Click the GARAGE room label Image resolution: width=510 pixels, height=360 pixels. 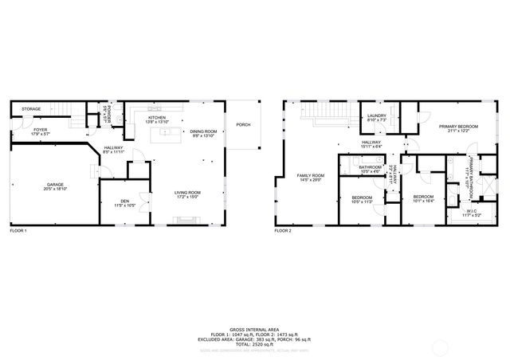[55, 185]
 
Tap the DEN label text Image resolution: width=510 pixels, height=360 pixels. [124, 200]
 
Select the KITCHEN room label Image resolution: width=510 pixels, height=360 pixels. [157, 117]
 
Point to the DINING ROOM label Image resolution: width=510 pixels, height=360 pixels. [202, 131]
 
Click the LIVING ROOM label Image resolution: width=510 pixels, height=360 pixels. [187, 192]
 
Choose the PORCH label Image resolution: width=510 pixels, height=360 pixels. [243, 124]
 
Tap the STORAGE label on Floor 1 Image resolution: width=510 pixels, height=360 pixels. [31, 108]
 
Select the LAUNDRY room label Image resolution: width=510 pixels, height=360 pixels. [377, 116]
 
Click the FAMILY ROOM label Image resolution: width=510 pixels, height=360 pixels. [311, 175]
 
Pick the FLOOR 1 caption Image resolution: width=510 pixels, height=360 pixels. [18, 231]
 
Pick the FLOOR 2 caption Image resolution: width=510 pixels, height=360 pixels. [284, 231]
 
